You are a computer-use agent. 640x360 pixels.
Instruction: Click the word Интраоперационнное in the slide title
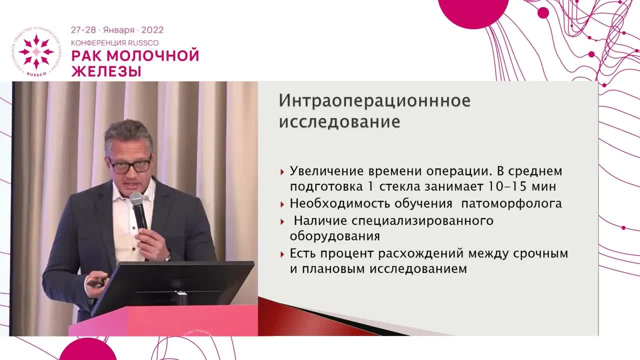pyautogui.click(x=374, y=100)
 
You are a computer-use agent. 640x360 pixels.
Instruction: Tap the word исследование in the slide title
pyautogui.click(x=339, y=122)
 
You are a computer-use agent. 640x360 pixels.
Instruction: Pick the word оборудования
pyautogui.click(x=334, y=236)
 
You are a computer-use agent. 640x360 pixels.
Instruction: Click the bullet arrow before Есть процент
pyautogui.click(x=283, y=254)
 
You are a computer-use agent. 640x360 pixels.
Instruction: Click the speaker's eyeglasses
pyautogui.click(x=129, y=165)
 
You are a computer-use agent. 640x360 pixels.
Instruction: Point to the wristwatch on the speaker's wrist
pyautogui.click(x=168, y=257)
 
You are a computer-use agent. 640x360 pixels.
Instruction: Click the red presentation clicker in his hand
pyautogui.click(x=95, y=282)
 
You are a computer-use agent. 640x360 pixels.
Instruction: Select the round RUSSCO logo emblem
pyautogui.click(x=36, y=52)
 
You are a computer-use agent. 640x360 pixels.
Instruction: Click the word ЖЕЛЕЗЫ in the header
pyautogui.click(x=106, y=71)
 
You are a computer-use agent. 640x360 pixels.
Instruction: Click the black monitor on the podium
pyautogui.click(x=172, y=285)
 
